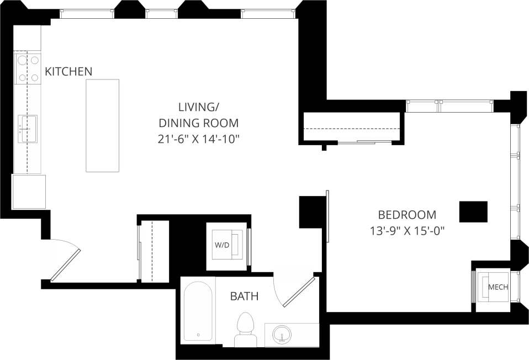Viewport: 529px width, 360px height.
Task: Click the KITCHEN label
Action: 68,71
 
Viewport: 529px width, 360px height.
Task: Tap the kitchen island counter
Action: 102,125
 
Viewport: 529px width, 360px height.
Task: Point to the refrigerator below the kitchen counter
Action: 29,192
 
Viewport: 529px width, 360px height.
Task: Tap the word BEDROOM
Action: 406,215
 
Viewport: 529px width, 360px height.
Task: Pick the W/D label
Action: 222,244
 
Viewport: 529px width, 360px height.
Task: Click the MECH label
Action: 498,287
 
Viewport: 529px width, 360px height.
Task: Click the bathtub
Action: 198,312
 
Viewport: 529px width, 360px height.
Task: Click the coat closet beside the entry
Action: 155,251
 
